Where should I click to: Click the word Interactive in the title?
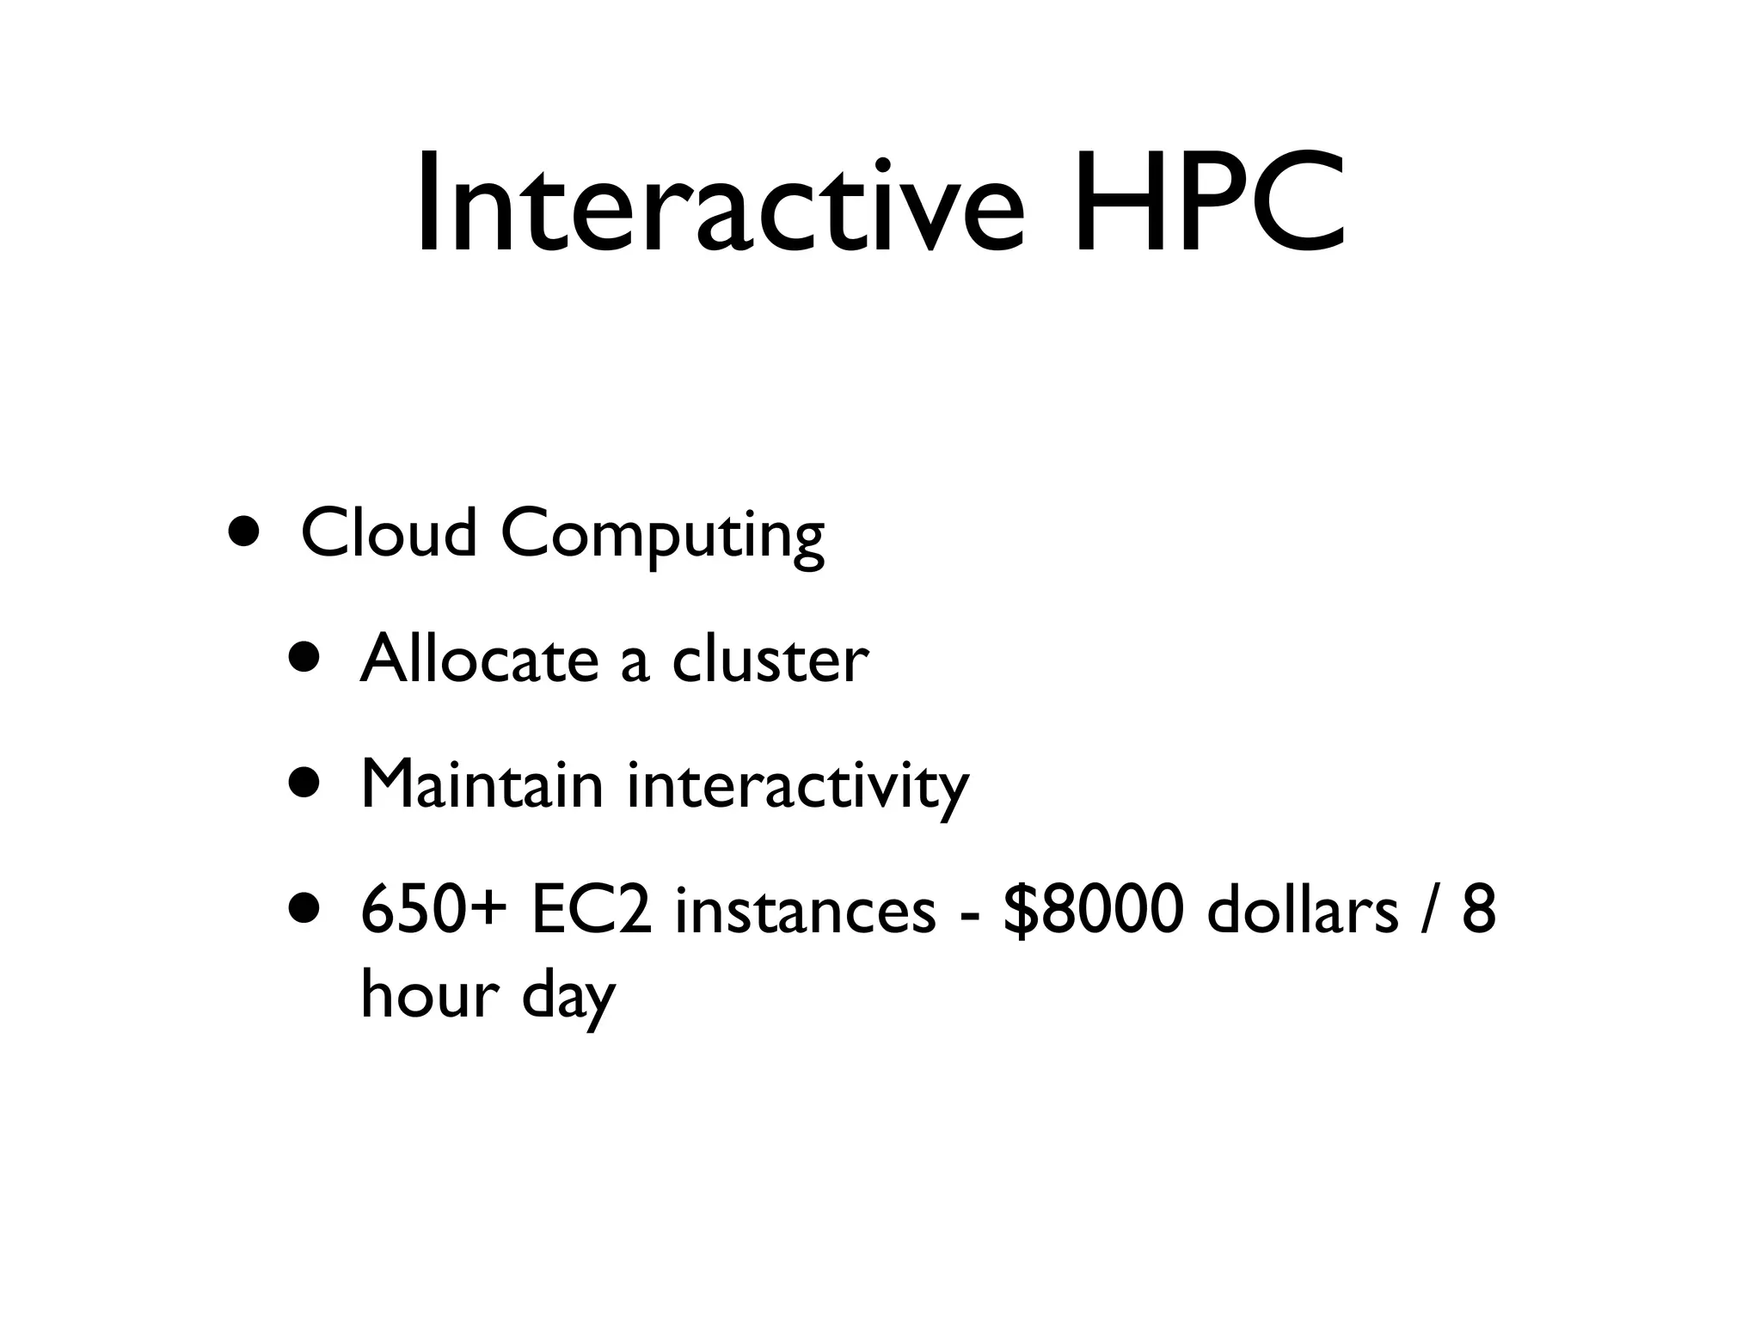721,204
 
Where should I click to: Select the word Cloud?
389,532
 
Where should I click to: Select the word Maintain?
482,784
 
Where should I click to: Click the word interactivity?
797,787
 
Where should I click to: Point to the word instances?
806,912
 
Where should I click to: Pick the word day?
568,998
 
